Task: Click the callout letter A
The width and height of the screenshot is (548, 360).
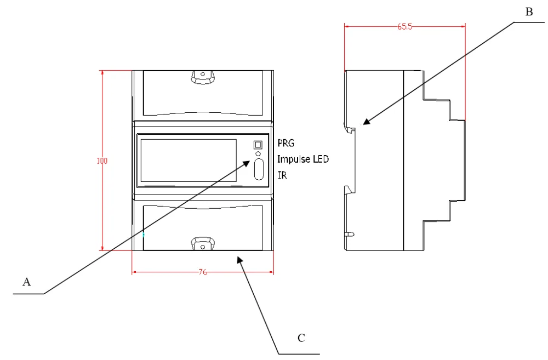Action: coord(26,282)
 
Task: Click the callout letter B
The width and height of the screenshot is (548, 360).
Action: coord(529,12)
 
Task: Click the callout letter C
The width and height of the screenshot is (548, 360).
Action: coord(301,338)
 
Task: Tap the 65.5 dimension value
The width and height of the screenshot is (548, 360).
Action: coord(405,26)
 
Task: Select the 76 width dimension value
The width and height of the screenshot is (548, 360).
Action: coord(203,272)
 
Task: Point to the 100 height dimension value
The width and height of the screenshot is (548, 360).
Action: coord(102,161)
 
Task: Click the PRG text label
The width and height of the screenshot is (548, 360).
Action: coord(286,143)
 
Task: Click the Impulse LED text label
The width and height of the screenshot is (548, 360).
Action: coord(303,159)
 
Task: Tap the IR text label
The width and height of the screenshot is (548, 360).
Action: coord(282,175)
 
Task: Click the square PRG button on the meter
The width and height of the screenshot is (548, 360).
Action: coord(258,145)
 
